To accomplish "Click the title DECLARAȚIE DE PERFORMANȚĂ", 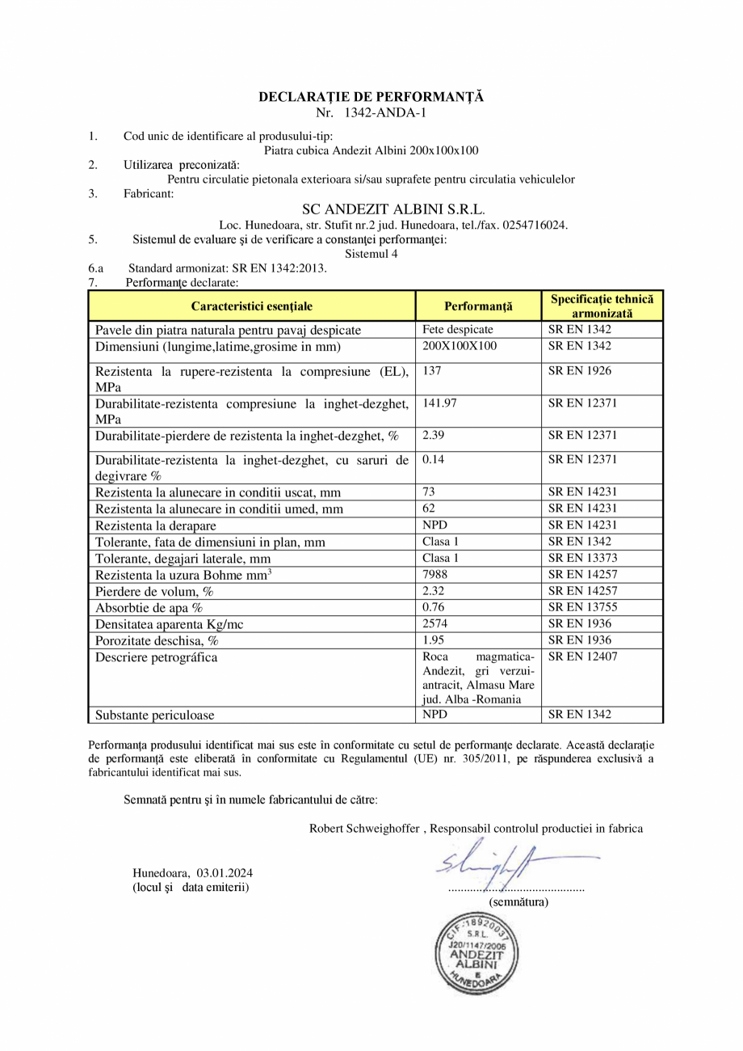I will point(371,97).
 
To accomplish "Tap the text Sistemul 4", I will point(371,253).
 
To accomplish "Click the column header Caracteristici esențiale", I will point(251,306).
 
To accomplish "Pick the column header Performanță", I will point(478,306).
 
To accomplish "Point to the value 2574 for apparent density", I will point(435,624).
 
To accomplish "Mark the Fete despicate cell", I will point(457,330).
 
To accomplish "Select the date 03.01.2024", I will point(225,873).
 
